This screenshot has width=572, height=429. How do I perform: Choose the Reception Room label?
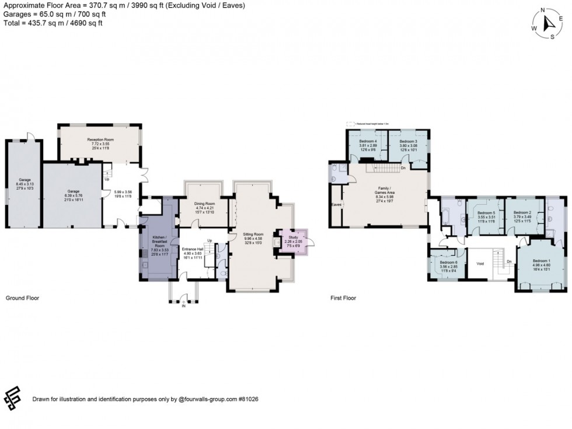coord(100,140)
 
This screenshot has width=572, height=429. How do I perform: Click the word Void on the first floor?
coord(480,263)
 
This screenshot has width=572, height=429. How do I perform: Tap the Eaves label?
coord(336,205)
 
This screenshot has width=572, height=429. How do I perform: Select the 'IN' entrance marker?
coord(183,305)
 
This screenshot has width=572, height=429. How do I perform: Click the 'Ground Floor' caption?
coord(22,298)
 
